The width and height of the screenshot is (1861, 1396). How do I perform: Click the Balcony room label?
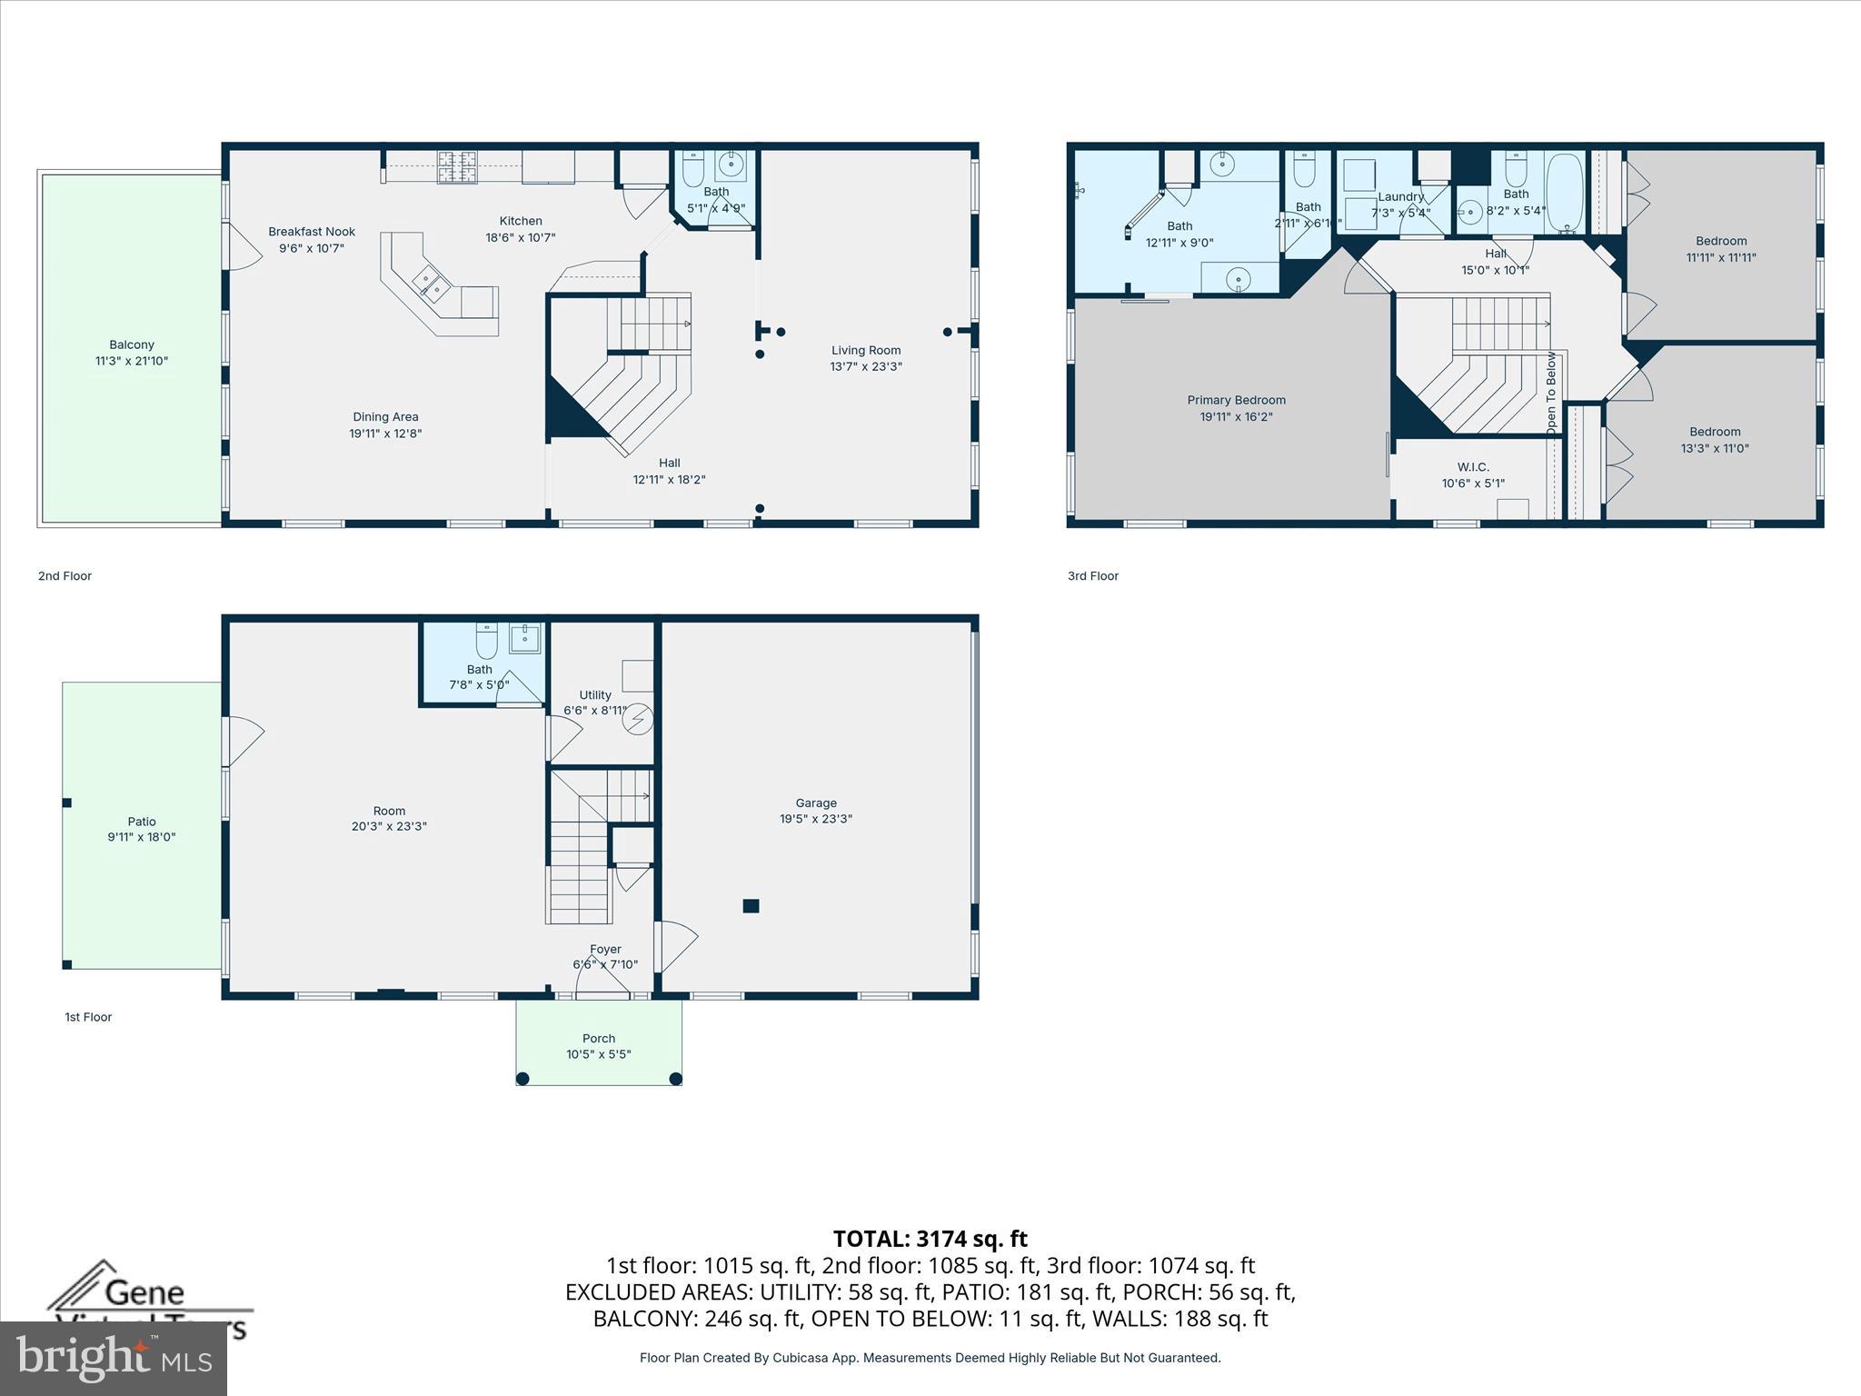pos(132,344)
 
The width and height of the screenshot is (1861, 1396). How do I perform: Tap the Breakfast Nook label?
pos(312,232)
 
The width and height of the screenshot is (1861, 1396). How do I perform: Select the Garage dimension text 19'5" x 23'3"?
pos(815,819)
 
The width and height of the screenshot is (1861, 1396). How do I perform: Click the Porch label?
pos(598,1038)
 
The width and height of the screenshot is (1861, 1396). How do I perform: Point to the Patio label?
pos(142,822)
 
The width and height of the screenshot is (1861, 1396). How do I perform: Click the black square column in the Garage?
pos(751,905)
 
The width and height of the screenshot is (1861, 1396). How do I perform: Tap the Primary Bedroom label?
pos(1236,400)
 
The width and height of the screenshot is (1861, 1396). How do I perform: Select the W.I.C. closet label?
pos(1473,467)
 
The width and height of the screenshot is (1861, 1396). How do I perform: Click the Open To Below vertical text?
pos(1551,391)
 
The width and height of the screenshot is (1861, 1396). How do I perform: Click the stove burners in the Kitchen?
pos(458,166)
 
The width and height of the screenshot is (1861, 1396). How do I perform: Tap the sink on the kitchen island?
pos(432,284)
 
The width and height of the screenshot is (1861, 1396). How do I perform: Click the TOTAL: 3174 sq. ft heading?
pos(930,1239)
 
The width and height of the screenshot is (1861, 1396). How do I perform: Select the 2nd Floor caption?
pos(65,575)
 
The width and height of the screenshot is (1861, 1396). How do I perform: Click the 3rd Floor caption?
pos(1092,575)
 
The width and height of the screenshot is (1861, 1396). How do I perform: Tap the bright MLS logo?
pos(114,1358)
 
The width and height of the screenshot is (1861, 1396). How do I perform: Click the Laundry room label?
pos(1400,196)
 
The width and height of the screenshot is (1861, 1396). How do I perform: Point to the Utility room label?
pos(595,694)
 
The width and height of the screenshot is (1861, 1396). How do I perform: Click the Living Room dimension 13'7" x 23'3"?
pos(865,366)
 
